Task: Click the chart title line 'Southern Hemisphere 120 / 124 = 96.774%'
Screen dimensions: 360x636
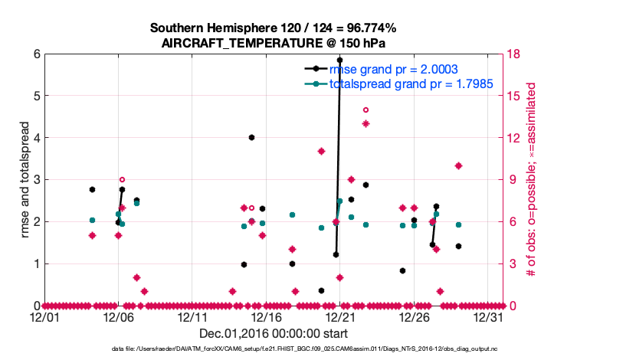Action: coord(273,28)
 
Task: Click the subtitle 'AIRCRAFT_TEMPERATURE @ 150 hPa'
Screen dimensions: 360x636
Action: coord(273,43)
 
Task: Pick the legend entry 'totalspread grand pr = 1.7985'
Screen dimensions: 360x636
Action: coord(411,83)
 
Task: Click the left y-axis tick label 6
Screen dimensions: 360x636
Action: coord(36,54)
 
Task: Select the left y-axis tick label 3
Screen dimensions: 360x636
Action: coord(36,180)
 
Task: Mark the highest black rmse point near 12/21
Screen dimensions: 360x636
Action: coord(339,60)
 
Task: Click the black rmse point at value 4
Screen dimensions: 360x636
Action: coord(251,138)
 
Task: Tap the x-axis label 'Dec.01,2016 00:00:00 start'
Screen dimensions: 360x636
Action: coord(273,333)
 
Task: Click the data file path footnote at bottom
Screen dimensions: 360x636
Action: coord(273,349)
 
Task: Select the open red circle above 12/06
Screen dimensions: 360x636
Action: coord(122,180)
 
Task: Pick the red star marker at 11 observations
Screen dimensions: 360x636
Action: coord(322,151)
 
